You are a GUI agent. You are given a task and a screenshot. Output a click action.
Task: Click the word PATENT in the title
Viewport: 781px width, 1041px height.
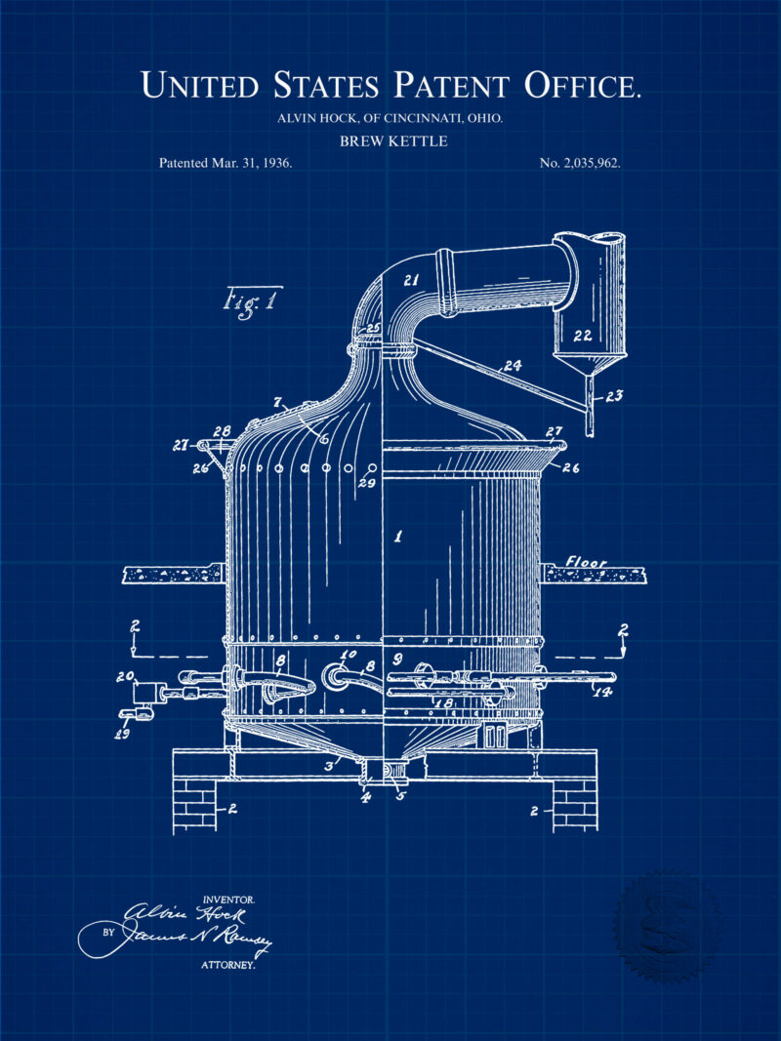tap(454, 86)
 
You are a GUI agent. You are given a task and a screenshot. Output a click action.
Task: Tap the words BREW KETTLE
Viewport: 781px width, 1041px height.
tap(392, 141)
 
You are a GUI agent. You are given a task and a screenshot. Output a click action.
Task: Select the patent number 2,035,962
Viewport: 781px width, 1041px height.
tap(580, 163)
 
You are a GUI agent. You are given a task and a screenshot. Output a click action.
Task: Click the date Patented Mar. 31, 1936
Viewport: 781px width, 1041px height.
tap(226, 163)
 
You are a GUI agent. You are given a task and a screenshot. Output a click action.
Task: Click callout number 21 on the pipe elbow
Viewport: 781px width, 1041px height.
tap(411, 280)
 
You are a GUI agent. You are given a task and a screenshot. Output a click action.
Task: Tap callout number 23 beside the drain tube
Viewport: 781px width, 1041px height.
tap(613, 396)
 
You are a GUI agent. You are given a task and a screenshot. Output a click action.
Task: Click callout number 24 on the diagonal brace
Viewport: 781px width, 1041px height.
tap(513, 368)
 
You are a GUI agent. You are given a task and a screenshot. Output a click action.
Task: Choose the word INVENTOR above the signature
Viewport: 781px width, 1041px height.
tap(228, 898)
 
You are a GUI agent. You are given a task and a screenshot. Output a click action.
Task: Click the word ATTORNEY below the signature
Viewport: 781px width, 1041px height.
tap(228, 965)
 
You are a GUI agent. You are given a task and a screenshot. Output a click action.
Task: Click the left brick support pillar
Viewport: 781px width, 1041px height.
tap(195, 804)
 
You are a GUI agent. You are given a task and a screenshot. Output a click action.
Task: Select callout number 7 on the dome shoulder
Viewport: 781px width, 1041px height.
tap(277, 401)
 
